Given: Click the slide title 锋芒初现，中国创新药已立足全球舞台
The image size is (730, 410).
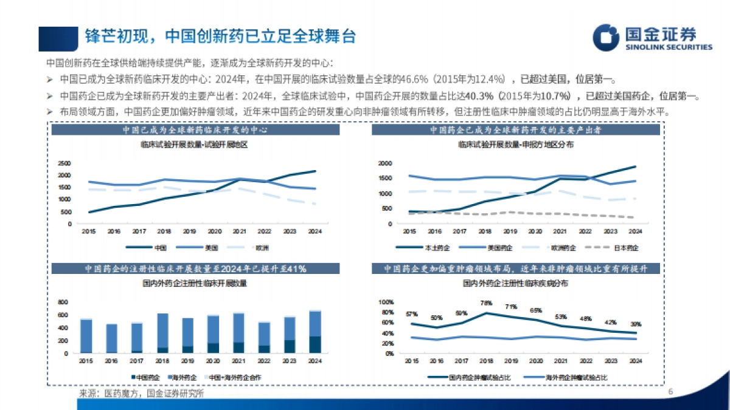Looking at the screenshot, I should coord(220,36).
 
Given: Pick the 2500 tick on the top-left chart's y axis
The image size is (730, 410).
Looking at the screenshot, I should coord(65,163).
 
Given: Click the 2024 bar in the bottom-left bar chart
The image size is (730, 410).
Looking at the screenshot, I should coord(315,332).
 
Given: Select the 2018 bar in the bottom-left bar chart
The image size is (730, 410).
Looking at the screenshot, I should coord(162,333).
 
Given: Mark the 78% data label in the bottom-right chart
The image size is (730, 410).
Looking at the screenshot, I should coord(486,303).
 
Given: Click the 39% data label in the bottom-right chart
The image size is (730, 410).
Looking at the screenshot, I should coord(634,324).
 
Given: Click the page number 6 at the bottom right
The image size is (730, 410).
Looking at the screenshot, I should coord(670,392).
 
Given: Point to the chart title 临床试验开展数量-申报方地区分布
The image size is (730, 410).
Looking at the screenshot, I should coord(515,145).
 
